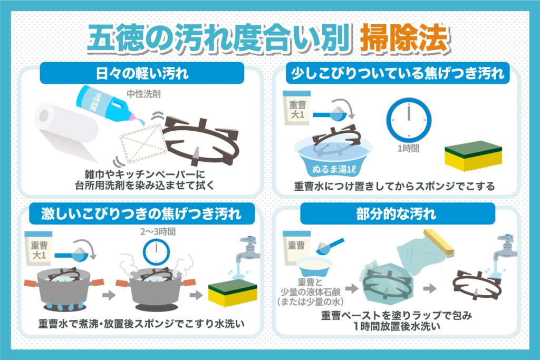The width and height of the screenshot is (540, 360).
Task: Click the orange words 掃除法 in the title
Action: point(404,38)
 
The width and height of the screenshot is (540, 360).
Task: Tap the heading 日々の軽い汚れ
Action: point(142,73)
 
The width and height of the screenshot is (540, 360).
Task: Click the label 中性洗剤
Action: point(143,94)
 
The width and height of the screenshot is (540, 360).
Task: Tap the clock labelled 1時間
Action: point(409,120)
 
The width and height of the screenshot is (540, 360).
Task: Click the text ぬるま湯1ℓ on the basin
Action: point(333,169)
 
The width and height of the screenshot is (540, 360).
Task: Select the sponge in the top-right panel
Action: point(473,155)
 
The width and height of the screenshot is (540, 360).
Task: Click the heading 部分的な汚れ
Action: point(397,214)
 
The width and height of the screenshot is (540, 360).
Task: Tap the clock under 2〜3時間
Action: point(156,252)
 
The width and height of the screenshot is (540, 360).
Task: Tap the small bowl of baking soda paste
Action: point(314,266)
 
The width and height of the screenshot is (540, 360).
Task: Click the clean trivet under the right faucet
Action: point(477,285)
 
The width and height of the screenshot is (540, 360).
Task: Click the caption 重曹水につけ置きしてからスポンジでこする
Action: point(394,186)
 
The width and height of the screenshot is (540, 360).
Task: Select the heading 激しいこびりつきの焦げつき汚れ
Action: point(141,213)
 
